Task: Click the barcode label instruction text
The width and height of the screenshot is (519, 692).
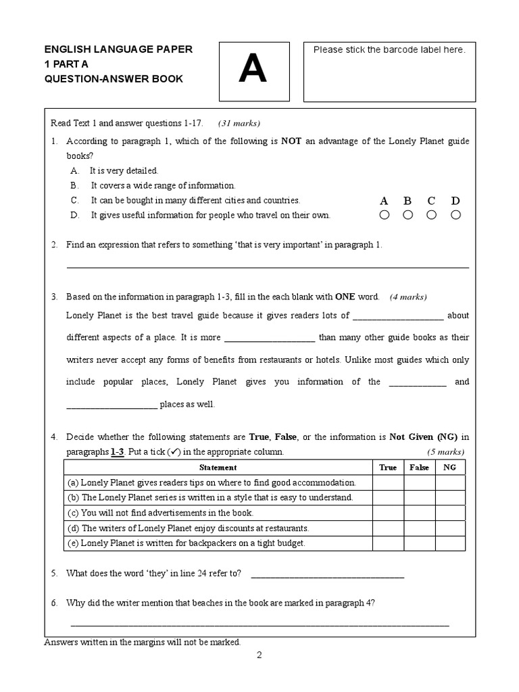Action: [x=389, y=51]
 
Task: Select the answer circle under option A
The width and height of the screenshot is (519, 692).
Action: [x=385, y=215]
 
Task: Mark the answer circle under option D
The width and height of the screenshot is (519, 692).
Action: [x=455, y=215]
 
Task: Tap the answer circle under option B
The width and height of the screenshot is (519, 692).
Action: [x=407, y=215]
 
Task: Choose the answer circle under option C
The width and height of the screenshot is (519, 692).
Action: [x=431, y=215]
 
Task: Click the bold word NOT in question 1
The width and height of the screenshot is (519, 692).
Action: [x=291, y=141]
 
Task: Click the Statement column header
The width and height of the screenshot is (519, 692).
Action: [x=218, y=467]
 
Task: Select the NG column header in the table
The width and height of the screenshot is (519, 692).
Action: [x=449, y=467]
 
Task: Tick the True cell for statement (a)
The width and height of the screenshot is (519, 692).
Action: [x=388, y=483]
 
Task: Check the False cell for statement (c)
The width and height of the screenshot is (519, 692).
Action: [x=419, y=513]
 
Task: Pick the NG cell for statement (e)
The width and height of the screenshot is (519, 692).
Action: [x=449, y=543]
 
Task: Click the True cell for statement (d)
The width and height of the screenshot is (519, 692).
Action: [x=388, y=528]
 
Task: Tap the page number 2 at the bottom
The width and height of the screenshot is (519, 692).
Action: [x=259, y=655]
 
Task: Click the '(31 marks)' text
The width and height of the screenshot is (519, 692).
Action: [x=239, y=123]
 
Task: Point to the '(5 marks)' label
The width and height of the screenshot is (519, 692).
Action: [x=445, y=451]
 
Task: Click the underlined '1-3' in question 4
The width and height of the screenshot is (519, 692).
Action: [x=118, y=451]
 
